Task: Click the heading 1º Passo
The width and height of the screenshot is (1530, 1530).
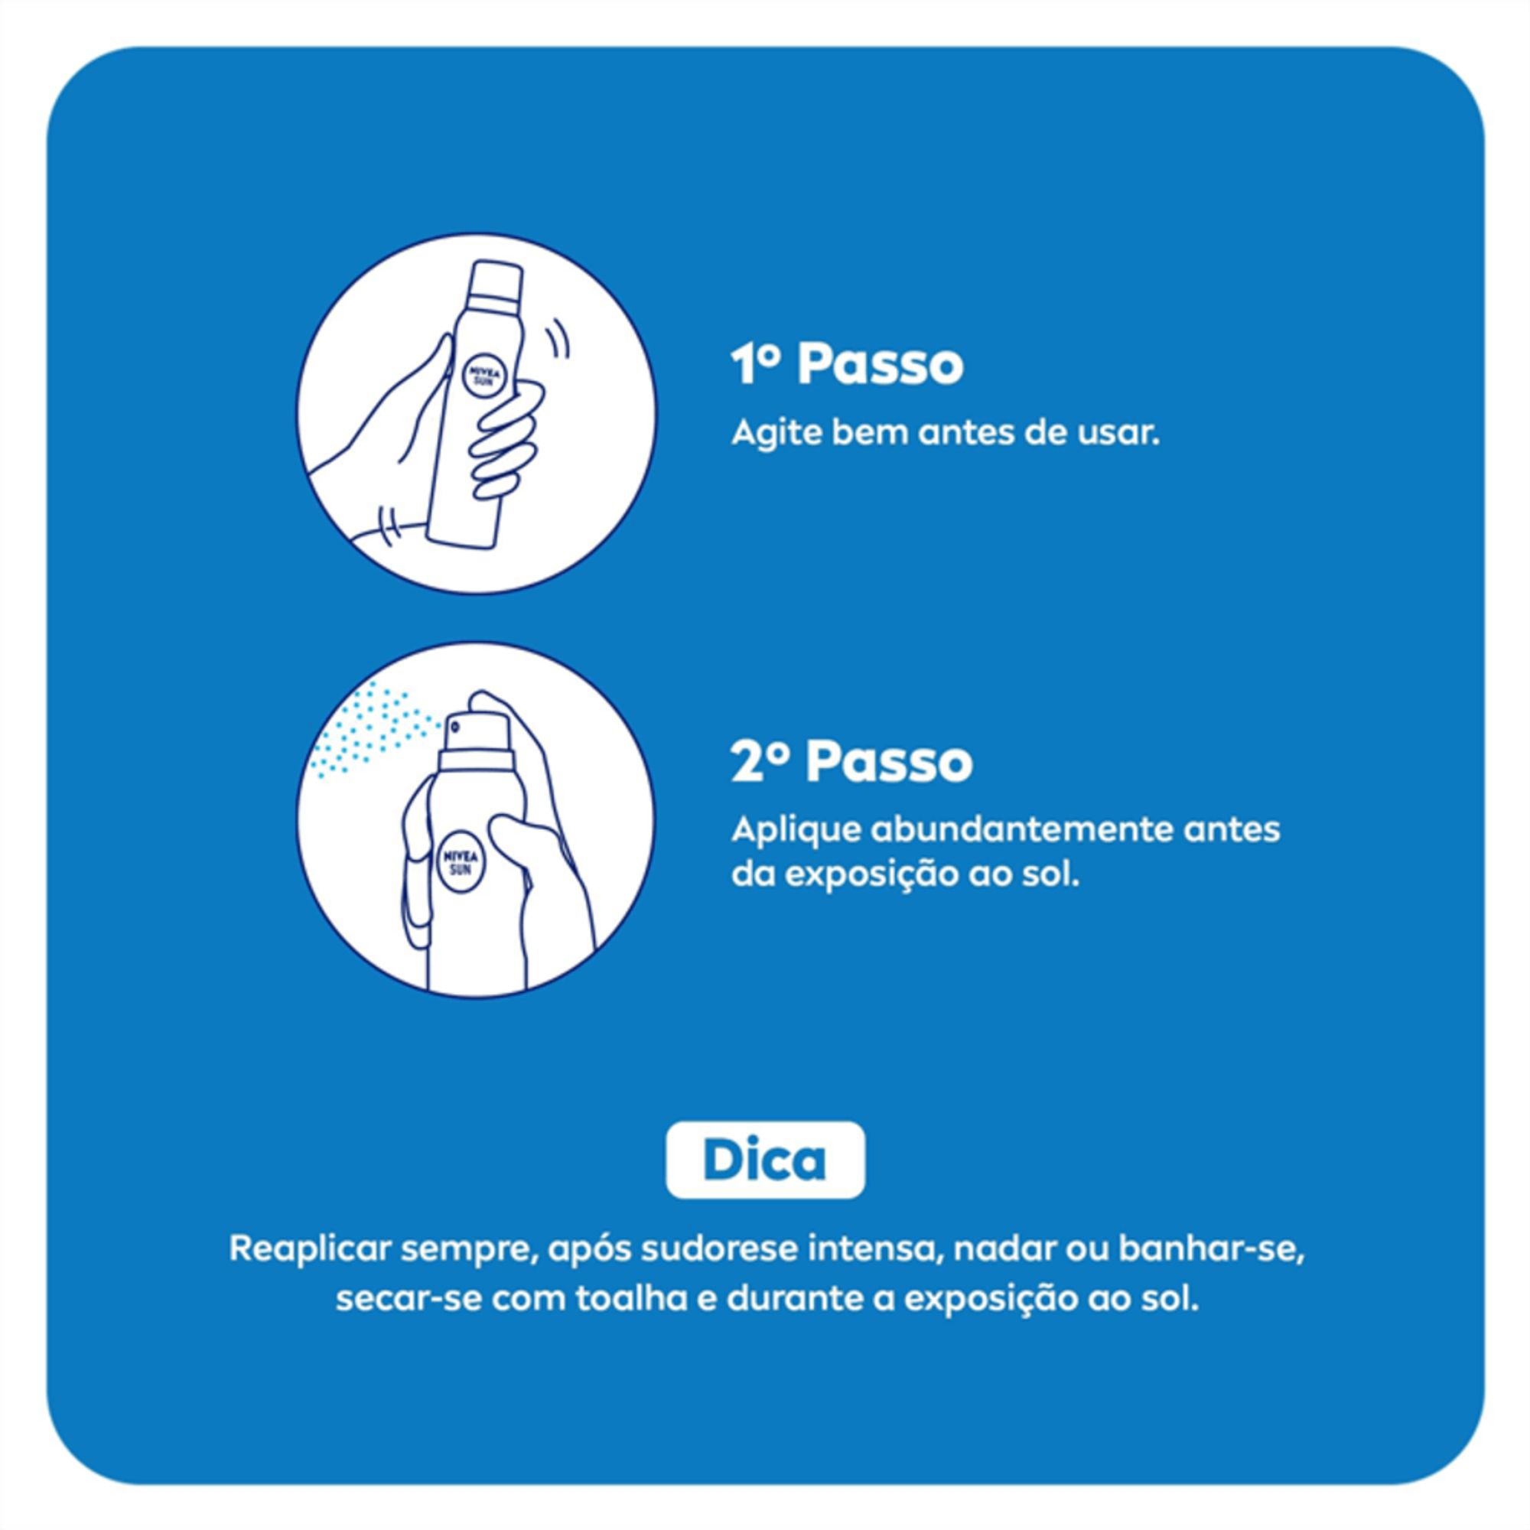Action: point(847,365)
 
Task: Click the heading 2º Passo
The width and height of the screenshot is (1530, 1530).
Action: point(851,762)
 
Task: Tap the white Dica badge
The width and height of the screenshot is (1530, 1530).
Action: point(765,1161)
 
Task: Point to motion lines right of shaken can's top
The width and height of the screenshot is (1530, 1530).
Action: point(559,340)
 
